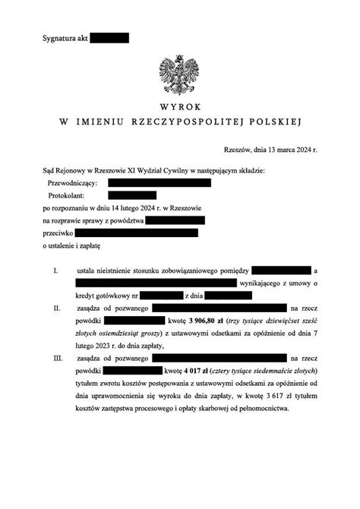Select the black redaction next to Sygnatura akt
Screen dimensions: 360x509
[x=109, y=38]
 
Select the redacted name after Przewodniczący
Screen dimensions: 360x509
[x=159, y=183]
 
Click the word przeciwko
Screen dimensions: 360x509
[x=56, y=233]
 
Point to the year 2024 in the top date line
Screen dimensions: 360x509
[x=300, y=151]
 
